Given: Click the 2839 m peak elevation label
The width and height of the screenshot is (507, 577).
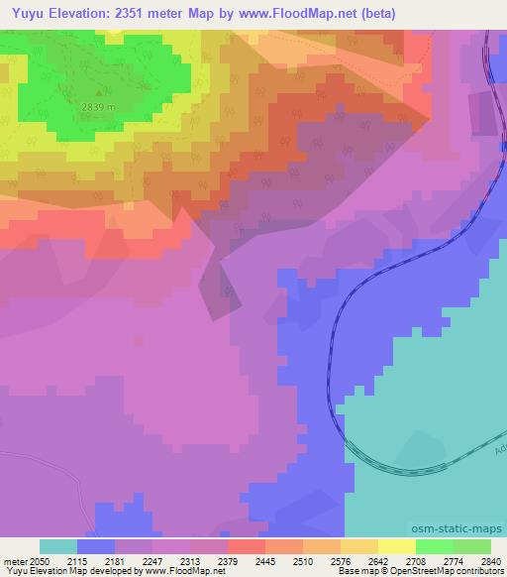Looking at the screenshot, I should coord(87,107).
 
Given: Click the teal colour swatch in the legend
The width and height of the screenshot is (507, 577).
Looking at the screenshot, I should coord(58,546).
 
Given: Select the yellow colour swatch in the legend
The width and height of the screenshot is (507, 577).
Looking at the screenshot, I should coord(397,546).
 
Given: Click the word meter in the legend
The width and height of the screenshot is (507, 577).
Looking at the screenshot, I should coord(15,561).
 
